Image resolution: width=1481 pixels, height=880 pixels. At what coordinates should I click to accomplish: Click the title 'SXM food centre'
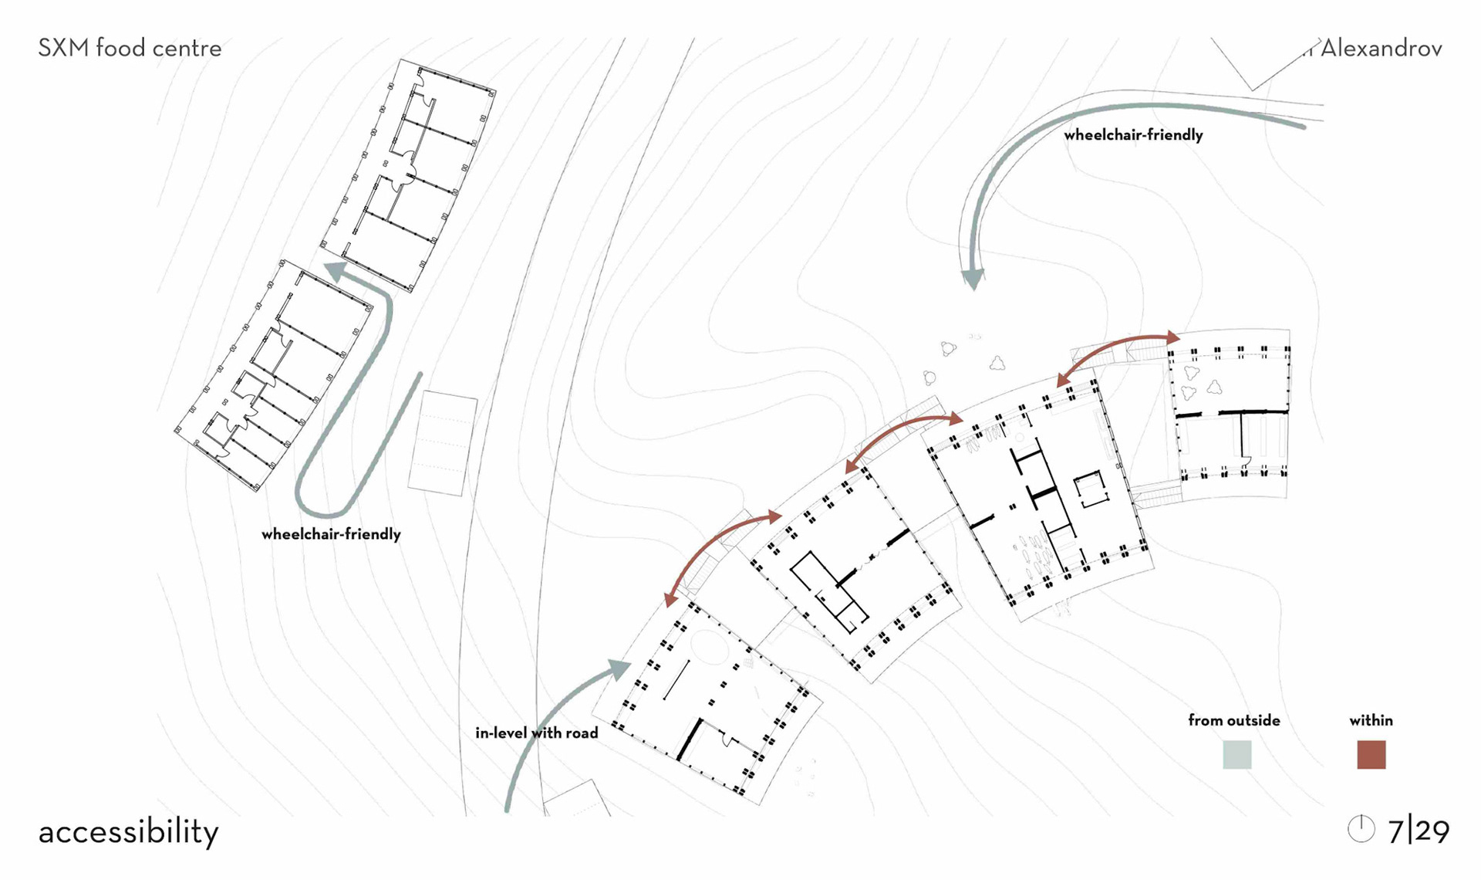tap(130, 49)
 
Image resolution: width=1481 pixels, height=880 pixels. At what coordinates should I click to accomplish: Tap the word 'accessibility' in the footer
tap(128, 832)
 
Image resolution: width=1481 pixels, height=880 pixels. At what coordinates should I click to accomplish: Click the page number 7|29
tap(1418, 831)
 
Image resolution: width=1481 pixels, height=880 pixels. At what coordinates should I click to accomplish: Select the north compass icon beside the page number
tap(1361, 829)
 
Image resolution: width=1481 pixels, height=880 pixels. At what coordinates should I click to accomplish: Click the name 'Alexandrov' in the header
tap(1381, 49)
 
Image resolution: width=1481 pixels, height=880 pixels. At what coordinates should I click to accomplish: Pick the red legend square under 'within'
tap(1371, 754)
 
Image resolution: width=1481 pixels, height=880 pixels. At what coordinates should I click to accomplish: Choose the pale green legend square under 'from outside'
tap(1236, 754)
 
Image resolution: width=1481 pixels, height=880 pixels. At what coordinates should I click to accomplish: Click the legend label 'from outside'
tap(1233, 720)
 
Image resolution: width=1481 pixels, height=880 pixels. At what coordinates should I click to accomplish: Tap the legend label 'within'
tap(1371, 720)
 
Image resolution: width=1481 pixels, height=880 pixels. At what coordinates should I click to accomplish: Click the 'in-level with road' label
tap(536, 733)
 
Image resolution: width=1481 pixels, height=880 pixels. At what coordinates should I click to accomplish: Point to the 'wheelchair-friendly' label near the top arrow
tap(1133, 135)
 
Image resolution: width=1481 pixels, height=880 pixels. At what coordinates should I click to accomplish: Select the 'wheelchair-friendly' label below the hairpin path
tap(331, 534)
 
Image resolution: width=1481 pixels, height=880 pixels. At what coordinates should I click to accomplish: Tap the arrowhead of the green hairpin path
tap(336, 272)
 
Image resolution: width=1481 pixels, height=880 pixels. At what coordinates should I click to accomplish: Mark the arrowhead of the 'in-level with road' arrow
tap(620, 668)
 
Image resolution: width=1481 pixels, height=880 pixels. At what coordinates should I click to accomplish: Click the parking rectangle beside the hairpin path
tap(442, 443)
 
